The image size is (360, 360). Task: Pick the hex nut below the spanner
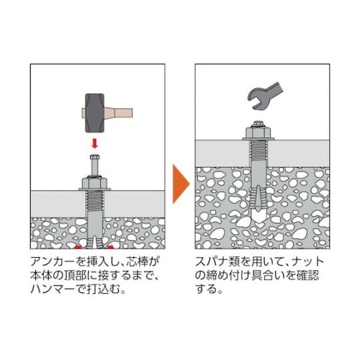point(258,134)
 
